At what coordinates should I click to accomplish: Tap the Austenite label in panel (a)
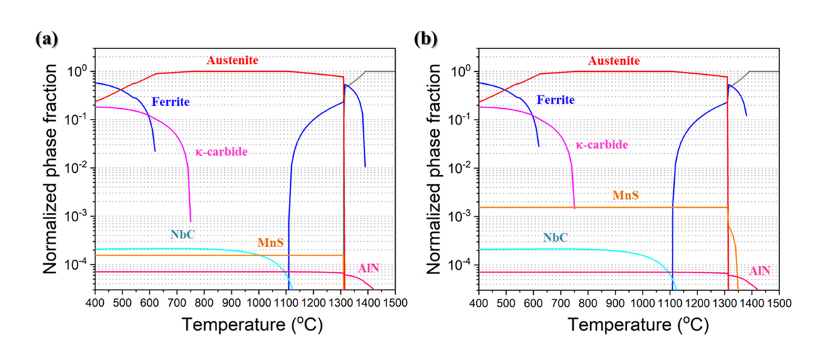(x=232, y=60)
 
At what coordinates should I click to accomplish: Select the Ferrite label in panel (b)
(x=555, y=100)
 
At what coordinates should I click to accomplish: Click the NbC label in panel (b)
(x=554, y=237)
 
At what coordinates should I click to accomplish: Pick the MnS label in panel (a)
(x=270, y=243)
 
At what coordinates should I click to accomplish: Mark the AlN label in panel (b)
(x=759, y=271)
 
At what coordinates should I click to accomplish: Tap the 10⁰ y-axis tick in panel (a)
(x=76, y=71)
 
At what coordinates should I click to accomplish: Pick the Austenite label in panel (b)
(x=616, y=60)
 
